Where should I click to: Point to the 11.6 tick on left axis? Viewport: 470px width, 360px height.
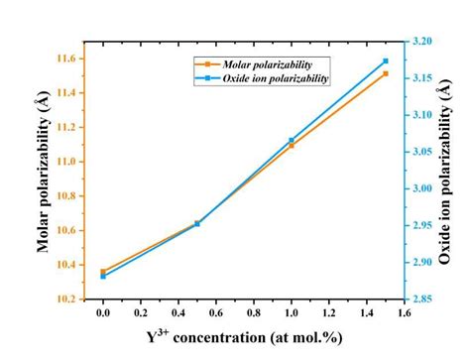[x=68, y=59]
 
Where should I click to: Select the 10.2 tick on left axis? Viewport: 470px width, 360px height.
[x=68, y=299]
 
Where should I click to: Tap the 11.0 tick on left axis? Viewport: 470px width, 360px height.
[x=68, y=162]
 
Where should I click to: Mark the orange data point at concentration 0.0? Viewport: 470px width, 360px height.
[x=102, y=271]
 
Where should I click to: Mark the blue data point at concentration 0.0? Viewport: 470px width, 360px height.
[x=102, y=277]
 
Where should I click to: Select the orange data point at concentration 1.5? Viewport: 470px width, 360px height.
[x=386, y=73]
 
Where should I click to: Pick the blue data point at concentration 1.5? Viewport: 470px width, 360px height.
[x=386, y=61]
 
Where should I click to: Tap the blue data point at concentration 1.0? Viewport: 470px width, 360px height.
[x=292, y=140]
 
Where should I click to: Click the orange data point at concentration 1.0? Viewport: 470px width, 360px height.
[x=292, y=146]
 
